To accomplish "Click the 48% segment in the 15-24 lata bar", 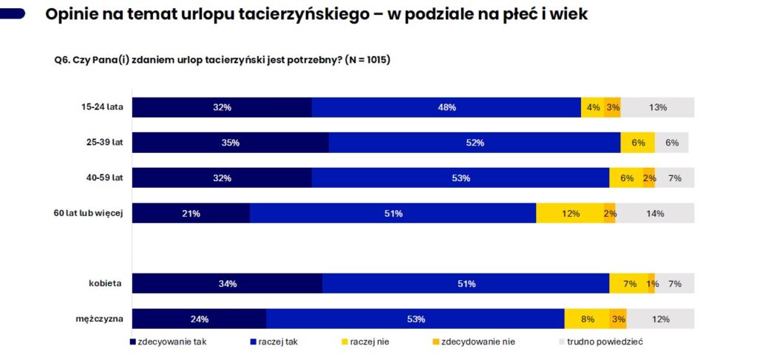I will [x=446, y=107].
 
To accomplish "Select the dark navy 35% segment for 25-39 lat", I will [x=230, y=143].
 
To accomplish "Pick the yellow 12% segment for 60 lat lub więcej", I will [x=570, y=214].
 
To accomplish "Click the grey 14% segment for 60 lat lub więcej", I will [x=655, y=214].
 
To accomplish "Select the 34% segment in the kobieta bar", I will [x=227, y=284].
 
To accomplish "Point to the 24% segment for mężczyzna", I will [x=199, y=319].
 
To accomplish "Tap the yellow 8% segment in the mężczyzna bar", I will [x=587, y=319].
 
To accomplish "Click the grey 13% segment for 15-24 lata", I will [x=657, y=107].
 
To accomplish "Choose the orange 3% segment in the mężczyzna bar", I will [x=618, y=319].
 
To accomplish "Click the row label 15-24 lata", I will [x=102, y=107].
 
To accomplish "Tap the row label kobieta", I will [x=104, y=284].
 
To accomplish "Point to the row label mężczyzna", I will [x=98, y=319].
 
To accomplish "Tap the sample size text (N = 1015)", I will [x=367, y=60].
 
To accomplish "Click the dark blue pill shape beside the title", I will [x=13, y=13].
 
